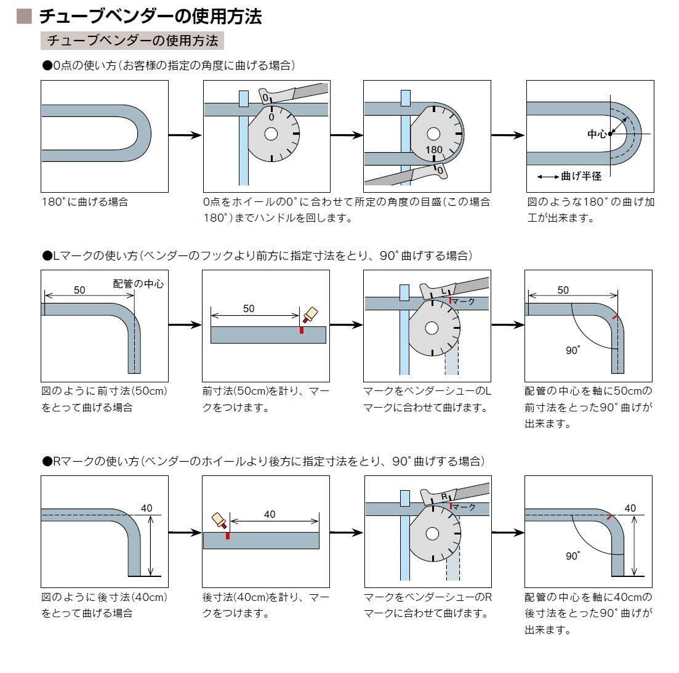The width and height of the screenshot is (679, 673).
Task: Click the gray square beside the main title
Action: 24,16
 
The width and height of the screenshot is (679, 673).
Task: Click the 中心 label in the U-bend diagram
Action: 597,133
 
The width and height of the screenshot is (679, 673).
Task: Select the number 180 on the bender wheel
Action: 434,150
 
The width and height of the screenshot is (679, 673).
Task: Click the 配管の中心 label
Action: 139,284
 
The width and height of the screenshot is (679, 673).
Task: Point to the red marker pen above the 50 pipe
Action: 310,315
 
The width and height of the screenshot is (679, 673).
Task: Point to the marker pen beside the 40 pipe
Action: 219,522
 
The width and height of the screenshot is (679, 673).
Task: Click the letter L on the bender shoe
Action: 443,290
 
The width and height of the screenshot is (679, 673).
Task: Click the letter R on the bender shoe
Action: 443,496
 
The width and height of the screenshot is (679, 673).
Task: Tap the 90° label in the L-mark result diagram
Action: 573,350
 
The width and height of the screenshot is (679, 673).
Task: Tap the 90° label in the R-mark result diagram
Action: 573,556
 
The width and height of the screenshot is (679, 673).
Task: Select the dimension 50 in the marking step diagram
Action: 249,308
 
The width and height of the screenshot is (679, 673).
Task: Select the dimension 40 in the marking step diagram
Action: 270,514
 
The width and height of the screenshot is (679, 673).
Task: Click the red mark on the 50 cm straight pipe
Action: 302,330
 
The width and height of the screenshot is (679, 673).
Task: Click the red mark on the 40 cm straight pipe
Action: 227,536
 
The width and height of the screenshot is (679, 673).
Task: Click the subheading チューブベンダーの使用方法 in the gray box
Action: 132,41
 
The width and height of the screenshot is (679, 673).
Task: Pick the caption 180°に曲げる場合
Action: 85,202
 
